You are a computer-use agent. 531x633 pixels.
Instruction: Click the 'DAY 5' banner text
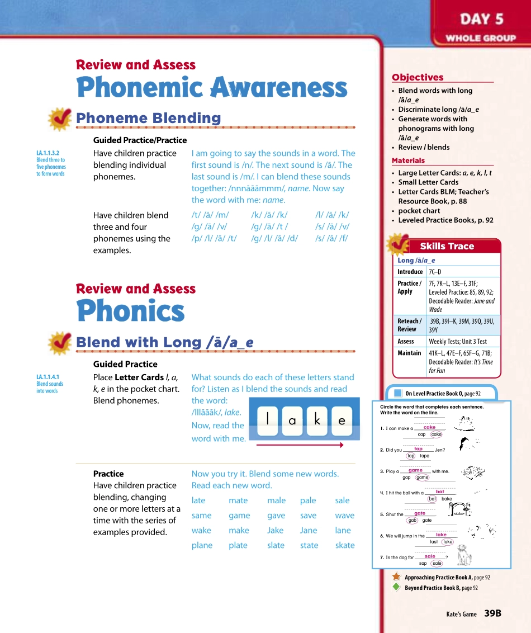(x=481, y=19)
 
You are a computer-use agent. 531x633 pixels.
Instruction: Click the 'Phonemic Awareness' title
(x=212, y=88)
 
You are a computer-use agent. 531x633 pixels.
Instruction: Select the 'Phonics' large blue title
(x=130, y=311)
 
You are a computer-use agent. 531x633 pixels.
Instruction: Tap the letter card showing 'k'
(x=317, y=420)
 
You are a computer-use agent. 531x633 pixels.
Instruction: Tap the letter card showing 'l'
(x=269, y=419)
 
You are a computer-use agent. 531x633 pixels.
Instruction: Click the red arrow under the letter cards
(x=299, y=445)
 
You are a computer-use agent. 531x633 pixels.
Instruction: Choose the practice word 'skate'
(x=345, y=545)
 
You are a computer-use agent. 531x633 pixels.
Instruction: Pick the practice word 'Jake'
(x=275, y=530)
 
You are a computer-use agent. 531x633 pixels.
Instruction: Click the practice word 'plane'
(x=202, y=545)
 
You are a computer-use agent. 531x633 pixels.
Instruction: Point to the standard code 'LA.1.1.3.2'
(x=48, y=153)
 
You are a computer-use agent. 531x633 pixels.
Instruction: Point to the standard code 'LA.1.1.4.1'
(x=48, y=377)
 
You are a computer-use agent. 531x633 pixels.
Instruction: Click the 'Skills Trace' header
(x=447, y=246)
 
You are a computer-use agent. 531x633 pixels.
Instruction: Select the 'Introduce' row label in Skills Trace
(x=410, y=272)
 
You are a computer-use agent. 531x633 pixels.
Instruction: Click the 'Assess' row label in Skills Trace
(x=406, y=341)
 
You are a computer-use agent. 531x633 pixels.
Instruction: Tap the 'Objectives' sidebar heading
(x=418, y=78)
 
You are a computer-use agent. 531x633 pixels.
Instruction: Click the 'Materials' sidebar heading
(x=408, y=160)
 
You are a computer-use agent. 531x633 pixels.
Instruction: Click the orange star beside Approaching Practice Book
(x=396, y=577)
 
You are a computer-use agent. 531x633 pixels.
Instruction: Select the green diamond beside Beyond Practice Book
(x=396, y=587)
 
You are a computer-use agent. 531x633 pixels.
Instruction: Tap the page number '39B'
(x=492, y=613)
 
